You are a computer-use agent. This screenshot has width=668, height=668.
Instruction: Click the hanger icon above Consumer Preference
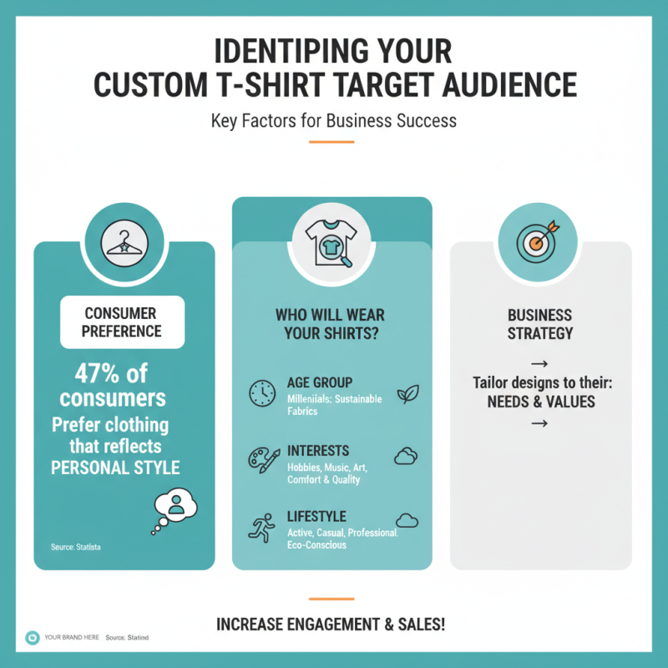click(x=124, y=244)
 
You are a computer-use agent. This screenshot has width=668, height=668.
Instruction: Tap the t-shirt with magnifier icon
click(x=331, y=243)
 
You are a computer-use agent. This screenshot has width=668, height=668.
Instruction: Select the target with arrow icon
click(x=538, y=241)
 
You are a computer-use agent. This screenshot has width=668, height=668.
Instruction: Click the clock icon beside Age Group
click(x=262, y=392)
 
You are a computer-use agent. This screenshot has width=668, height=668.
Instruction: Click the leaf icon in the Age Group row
click(x=408, y=394)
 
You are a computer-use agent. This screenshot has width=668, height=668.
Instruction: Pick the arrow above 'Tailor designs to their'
click(x=539, y=364)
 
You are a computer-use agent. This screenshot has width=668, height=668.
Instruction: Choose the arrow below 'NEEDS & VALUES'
click(x=539, y=423)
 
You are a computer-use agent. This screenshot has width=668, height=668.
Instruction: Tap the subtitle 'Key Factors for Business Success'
click(x=333, y=120)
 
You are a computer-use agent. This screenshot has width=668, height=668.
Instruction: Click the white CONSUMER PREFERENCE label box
click(x=122, y=322)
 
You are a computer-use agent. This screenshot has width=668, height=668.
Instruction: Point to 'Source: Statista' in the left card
click(x=76, y=547)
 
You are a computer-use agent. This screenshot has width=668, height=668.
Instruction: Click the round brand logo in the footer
click(x=33, y=638)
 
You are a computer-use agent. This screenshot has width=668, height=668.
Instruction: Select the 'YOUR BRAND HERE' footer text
click(x=72, y=637)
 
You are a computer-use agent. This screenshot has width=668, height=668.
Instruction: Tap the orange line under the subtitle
click(x=331, y=142)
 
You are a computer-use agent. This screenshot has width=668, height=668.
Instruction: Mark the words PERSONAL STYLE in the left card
click(x=115, y=468)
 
